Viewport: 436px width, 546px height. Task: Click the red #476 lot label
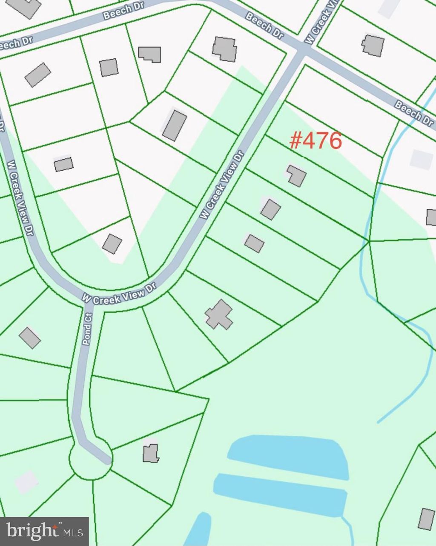click(x=316, y=140)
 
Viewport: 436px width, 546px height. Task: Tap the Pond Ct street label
click(x=88, y=329)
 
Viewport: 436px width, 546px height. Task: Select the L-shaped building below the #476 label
click(x=296, y=175)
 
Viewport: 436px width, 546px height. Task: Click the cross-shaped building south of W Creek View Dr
click(x=219, y=315)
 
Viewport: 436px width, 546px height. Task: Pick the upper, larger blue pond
click(x=290, y=456)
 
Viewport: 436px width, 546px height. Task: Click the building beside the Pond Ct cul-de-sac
click(x=150, y=453)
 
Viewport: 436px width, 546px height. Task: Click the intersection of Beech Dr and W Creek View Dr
click(x=303, y=51)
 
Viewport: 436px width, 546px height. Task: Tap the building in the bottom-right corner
click(x=426, y=518)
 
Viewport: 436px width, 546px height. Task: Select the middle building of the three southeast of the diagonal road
click(x=271, y=209)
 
